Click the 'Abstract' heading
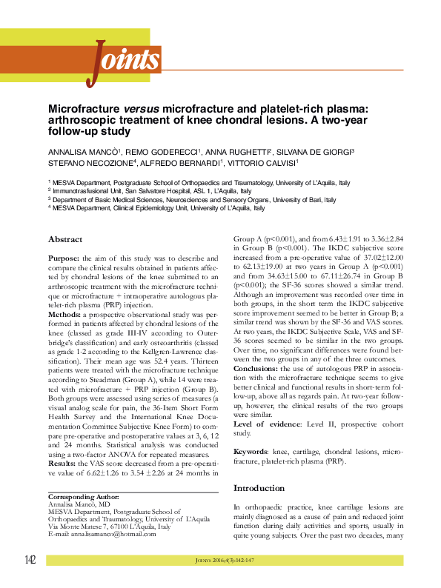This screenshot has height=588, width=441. pyautogui.click(x=65, y=239)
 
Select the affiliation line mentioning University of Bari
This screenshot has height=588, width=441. pyautogui.click(x=197, y=199)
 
